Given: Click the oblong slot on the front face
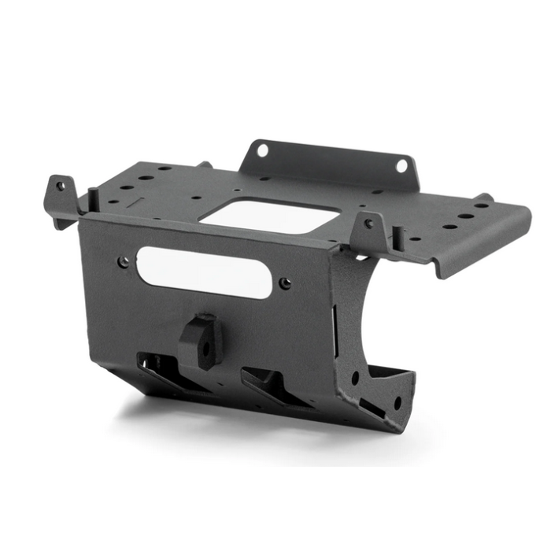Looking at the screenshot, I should coord(204,272).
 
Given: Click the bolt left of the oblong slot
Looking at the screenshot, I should coord(123,262).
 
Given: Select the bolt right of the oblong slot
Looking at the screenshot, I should coord(285,283).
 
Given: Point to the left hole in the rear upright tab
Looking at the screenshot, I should coord(263,150).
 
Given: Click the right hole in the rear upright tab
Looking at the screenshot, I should coord(401,165).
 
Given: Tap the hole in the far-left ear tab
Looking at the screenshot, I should coord(60,187).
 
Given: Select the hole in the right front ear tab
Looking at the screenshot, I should coord(368,224).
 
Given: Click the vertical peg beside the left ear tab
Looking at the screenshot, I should coord(93,199).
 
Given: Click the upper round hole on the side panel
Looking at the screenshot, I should coord(355,378).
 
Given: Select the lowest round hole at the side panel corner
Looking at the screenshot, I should coord(397,403).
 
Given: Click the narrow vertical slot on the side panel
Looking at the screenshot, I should coord(337,319).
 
